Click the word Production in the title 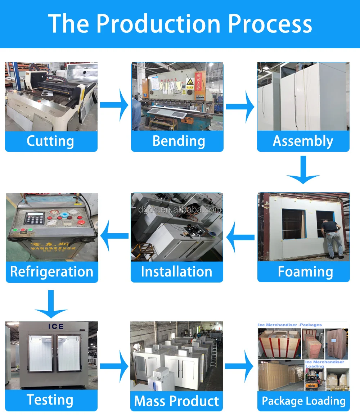click(x=158, y=24)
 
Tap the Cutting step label click(x=50, y=141)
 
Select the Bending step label click(x=179, y=141)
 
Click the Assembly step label click(x=303, y=141)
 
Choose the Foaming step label click(x=305, y=272)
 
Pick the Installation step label click(x=176, y=272)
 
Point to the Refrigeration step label click(x=52, y=272)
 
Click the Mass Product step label click(x=176, y=401)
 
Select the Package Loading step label click(x=303, y=401)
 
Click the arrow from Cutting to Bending click(x=114, y=105)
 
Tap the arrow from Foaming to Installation click(x=240, y=236)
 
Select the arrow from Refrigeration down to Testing click(x=51, y=304)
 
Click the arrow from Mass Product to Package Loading click(x=240, y=366)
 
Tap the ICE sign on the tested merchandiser click(x=56, y=326)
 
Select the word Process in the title click(x=270, y=24)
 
